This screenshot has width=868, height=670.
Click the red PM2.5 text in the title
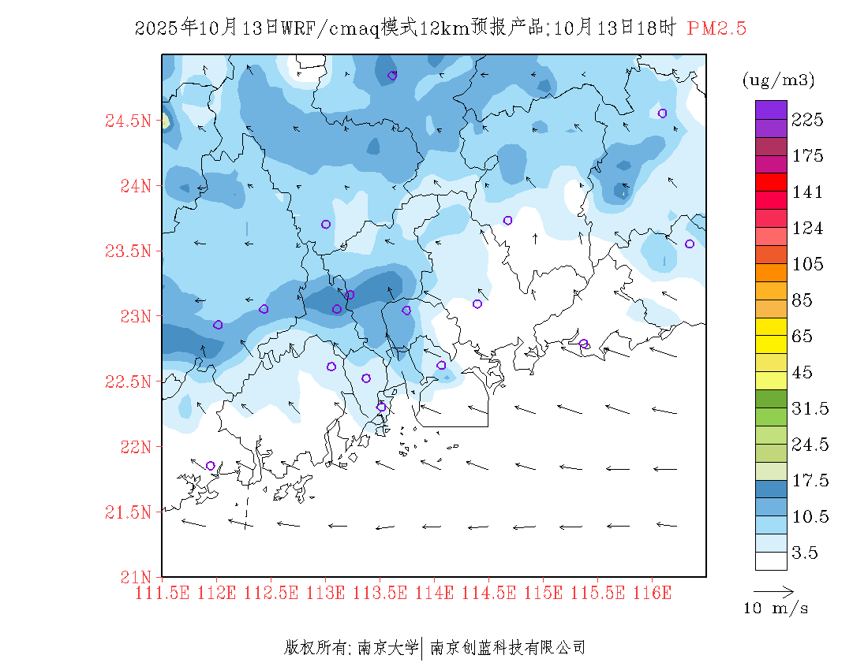point(716,28)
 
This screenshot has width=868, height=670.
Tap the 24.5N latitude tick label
point(127,121)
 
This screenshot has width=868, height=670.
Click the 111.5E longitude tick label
point(163,591)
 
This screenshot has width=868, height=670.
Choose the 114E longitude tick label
point(434,591)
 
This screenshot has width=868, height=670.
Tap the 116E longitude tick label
point(652,591)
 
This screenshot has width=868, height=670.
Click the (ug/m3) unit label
point(778,80)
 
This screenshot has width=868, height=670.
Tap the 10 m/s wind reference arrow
point(773,590)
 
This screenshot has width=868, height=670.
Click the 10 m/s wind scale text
point(776,609)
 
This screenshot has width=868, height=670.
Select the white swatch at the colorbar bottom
point(771,560)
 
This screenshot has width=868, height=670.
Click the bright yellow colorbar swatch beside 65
point(771,326)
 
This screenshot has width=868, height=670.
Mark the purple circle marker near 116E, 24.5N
point(662,113)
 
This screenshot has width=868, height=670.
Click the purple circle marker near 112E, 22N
point(210,466)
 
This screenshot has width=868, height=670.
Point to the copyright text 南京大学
point(387,648)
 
